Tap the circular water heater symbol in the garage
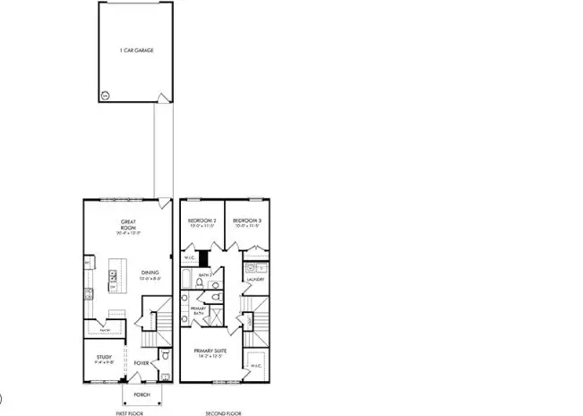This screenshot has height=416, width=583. pyautogui.click(x=105, y=93)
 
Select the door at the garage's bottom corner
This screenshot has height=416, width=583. pyautogui.click(x=161, y=98)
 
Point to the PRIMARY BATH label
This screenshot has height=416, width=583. pyautogui.click(x=198, y=311)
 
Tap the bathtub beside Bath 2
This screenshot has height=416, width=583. pyautogui.click(x=186, y=288)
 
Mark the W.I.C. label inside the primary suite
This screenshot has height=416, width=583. pyautogui.click(x=255, y=366)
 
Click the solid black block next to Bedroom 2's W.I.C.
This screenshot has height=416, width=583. pyautogui.click(x=203, y=259)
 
